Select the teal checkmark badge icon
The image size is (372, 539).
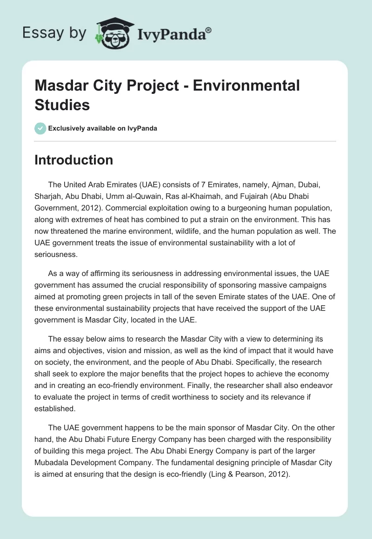pyautogui.click(x=40, y=128)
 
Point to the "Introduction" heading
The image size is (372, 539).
pyautogui.click(x=74, y=160)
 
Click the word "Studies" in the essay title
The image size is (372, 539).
pyautogui.click(x=62, y=105)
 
